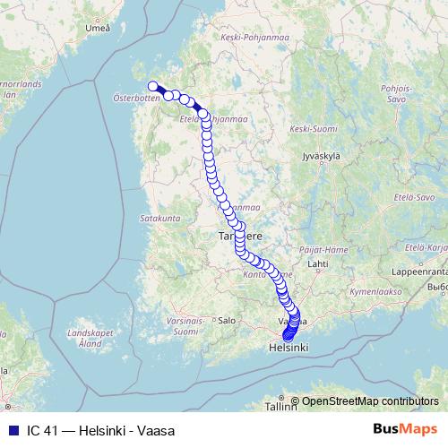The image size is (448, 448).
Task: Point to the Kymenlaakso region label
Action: (375, 292)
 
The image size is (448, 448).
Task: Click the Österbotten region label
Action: (137, 98)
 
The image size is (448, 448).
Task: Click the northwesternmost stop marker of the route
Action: (152, 87)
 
